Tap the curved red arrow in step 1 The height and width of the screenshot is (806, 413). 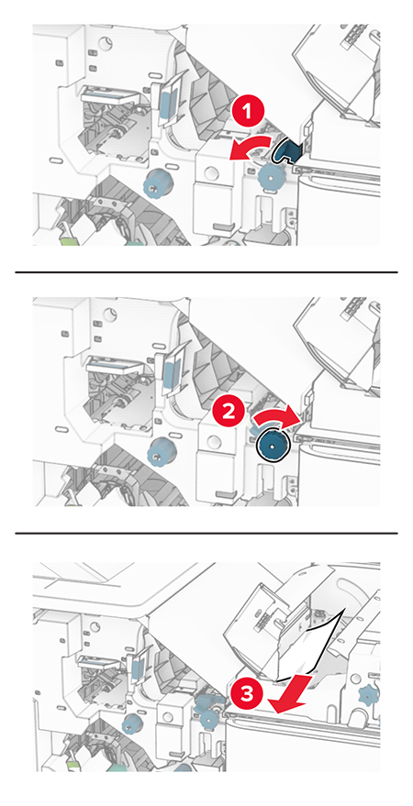point(248,148)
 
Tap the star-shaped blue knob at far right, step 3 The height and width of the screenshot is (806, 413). point(370,695)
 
